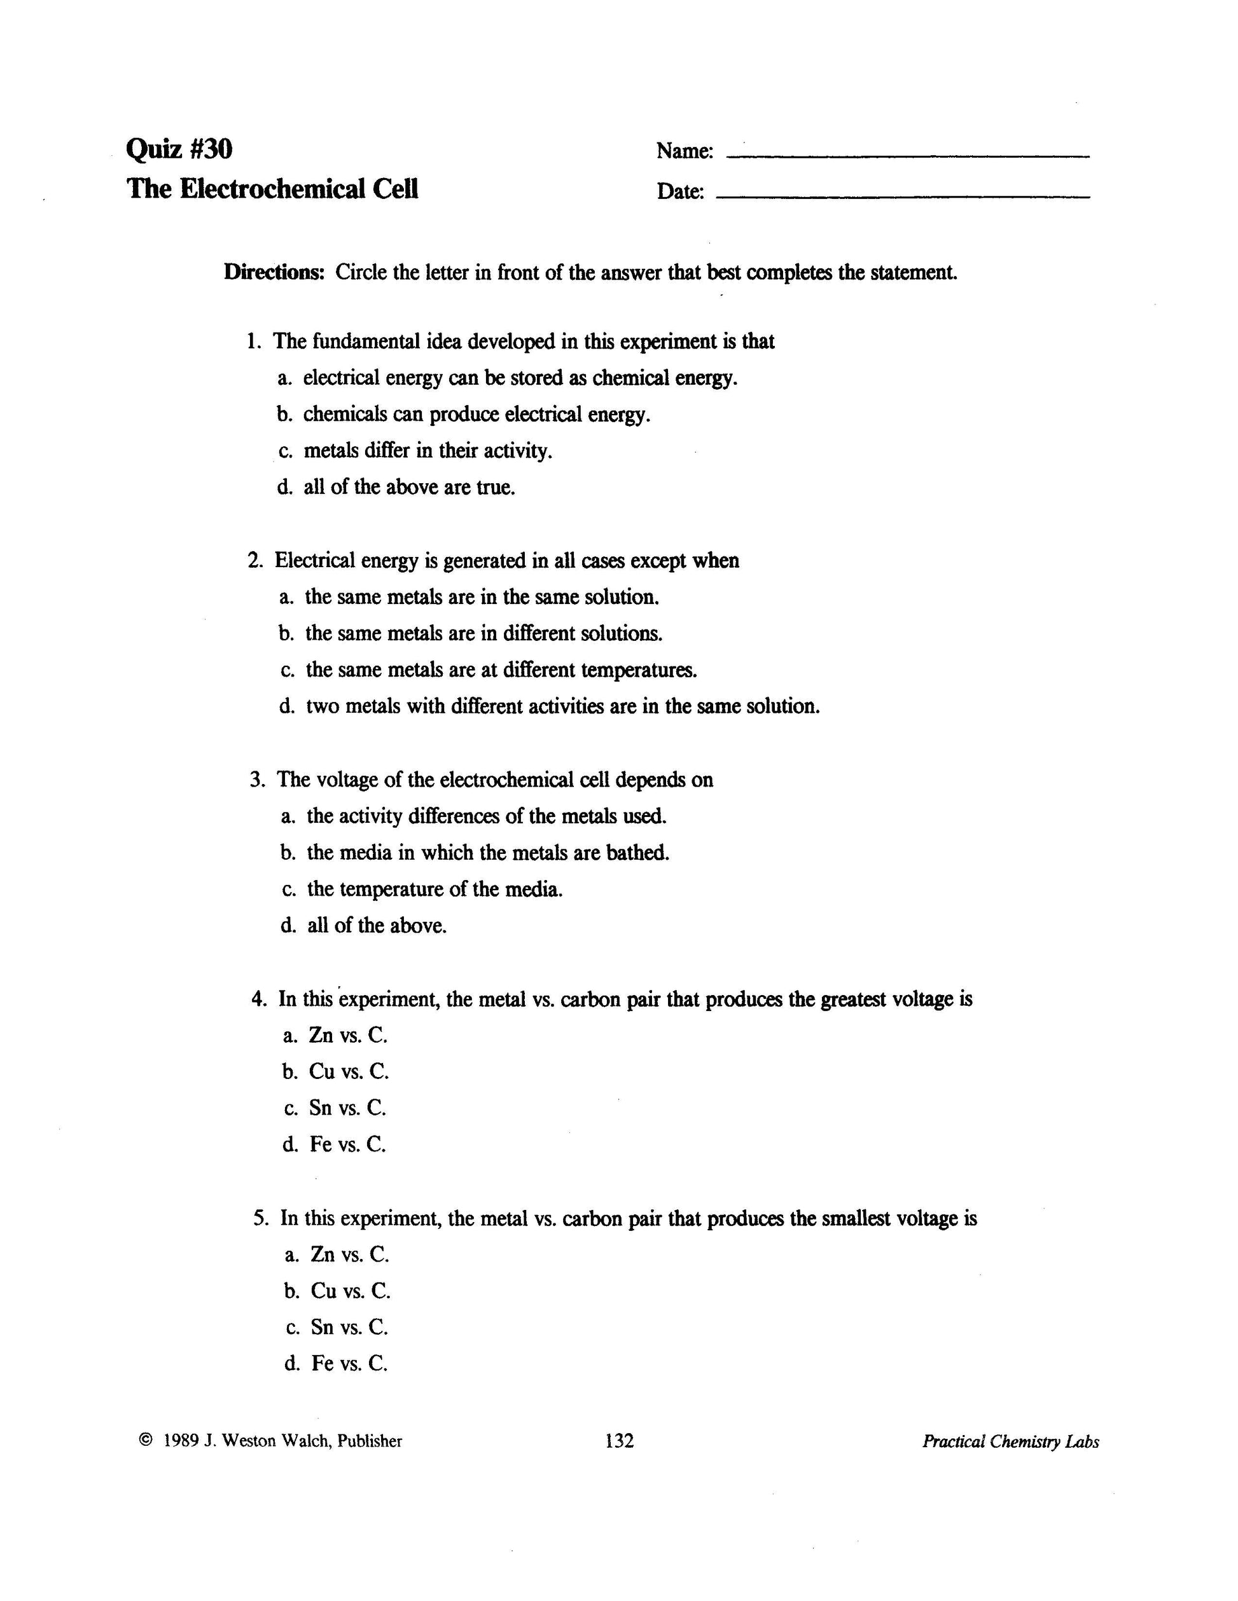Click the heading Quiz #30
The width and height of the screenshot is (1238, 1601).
click(179, 149)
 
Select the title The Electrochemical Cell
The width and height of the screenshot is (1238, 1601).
click(272, 189)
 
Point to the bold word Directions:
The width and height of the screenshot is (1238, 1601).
click(274, 273)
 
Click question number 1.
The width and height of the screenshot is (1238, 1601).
click(254, 341)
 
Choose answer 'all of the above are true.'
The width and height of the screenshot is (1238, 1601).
click(409, 488)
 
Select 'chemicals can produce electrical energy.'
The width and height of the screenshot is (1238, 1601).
click(476, 415)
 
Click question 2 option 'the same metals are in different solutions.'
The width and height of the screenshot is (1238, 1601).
click(483, 633)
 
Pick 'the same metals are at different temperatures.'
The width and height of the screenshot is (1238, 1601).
click(501, 670)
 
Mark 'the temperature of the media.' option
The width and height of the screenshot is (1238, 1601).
click(434, 890)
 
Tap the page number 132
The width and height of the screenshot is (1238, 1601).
click(619, 1441)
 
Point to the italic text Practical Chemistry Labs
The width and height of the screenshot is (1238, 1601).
click(1010, 1442)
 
